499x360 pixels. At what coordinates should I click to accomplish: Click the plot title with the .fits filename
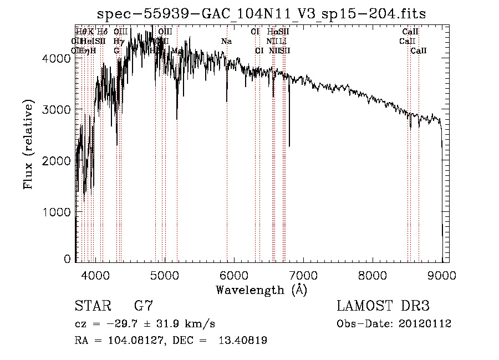pos(261,14)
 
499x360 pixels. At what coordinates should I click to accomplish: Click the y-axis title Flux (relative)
pos(28,145)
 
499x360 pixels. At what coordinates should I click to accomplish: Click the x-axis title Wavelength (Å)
pos(261,290)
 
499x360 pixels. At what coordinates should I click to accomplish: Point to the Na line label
pos(226,41)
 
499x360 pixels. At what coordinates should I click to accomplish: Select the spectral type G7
pos(143,306)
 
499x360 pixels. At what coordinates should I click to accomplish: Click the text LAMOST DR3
pos(383,306)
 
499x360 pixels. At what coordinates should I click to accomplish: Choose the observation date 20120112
pos(426,323)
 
